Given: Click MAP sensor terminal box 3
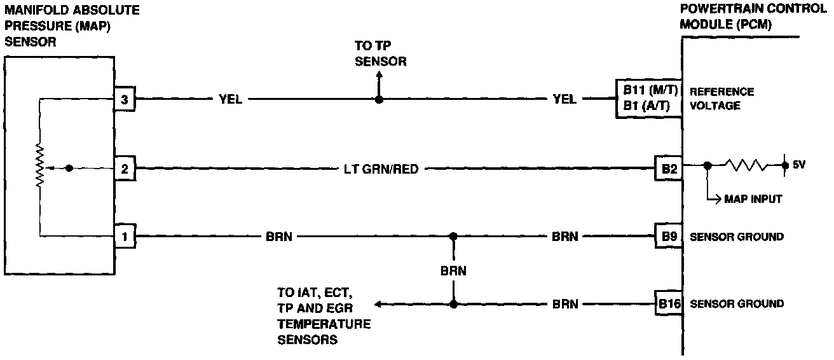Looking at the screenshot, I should tap(124, 99).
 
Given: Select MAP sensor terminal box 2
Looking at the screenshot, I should tap(124, 169).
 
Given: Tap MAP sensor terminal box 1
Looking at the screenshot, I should tap(124, 237).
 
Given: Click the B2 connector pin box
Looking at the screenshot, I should tap(669, 169).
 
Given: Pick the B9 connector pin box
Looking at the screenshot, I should tap(669, 237).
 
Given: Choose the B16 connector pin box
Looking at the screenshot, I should tap(669, 304).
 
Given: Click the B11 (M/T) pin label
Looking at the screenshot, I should tap(646, 90).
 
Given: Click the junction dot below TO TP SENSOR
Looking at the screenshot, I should tap(379, 99).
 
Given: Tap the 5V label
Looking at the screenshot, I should tap(800, 165).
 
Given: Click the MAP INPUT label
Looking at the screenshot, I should tap(753, 199).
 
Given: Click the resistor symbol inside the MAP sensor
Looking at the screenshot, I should tap(39, 167).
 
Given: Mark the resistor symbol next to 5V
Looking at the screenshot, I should tap(746, 165).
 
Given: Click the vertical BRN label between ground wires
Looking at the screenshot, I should tap(453, 270).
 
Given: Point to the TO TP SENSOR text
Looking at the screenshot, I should tap(380, 55).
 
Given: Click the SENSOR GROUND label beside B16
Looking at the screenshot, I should tap(737, 304).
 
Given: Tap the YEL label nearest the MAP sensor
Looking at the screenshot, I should tap(230, 99).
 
